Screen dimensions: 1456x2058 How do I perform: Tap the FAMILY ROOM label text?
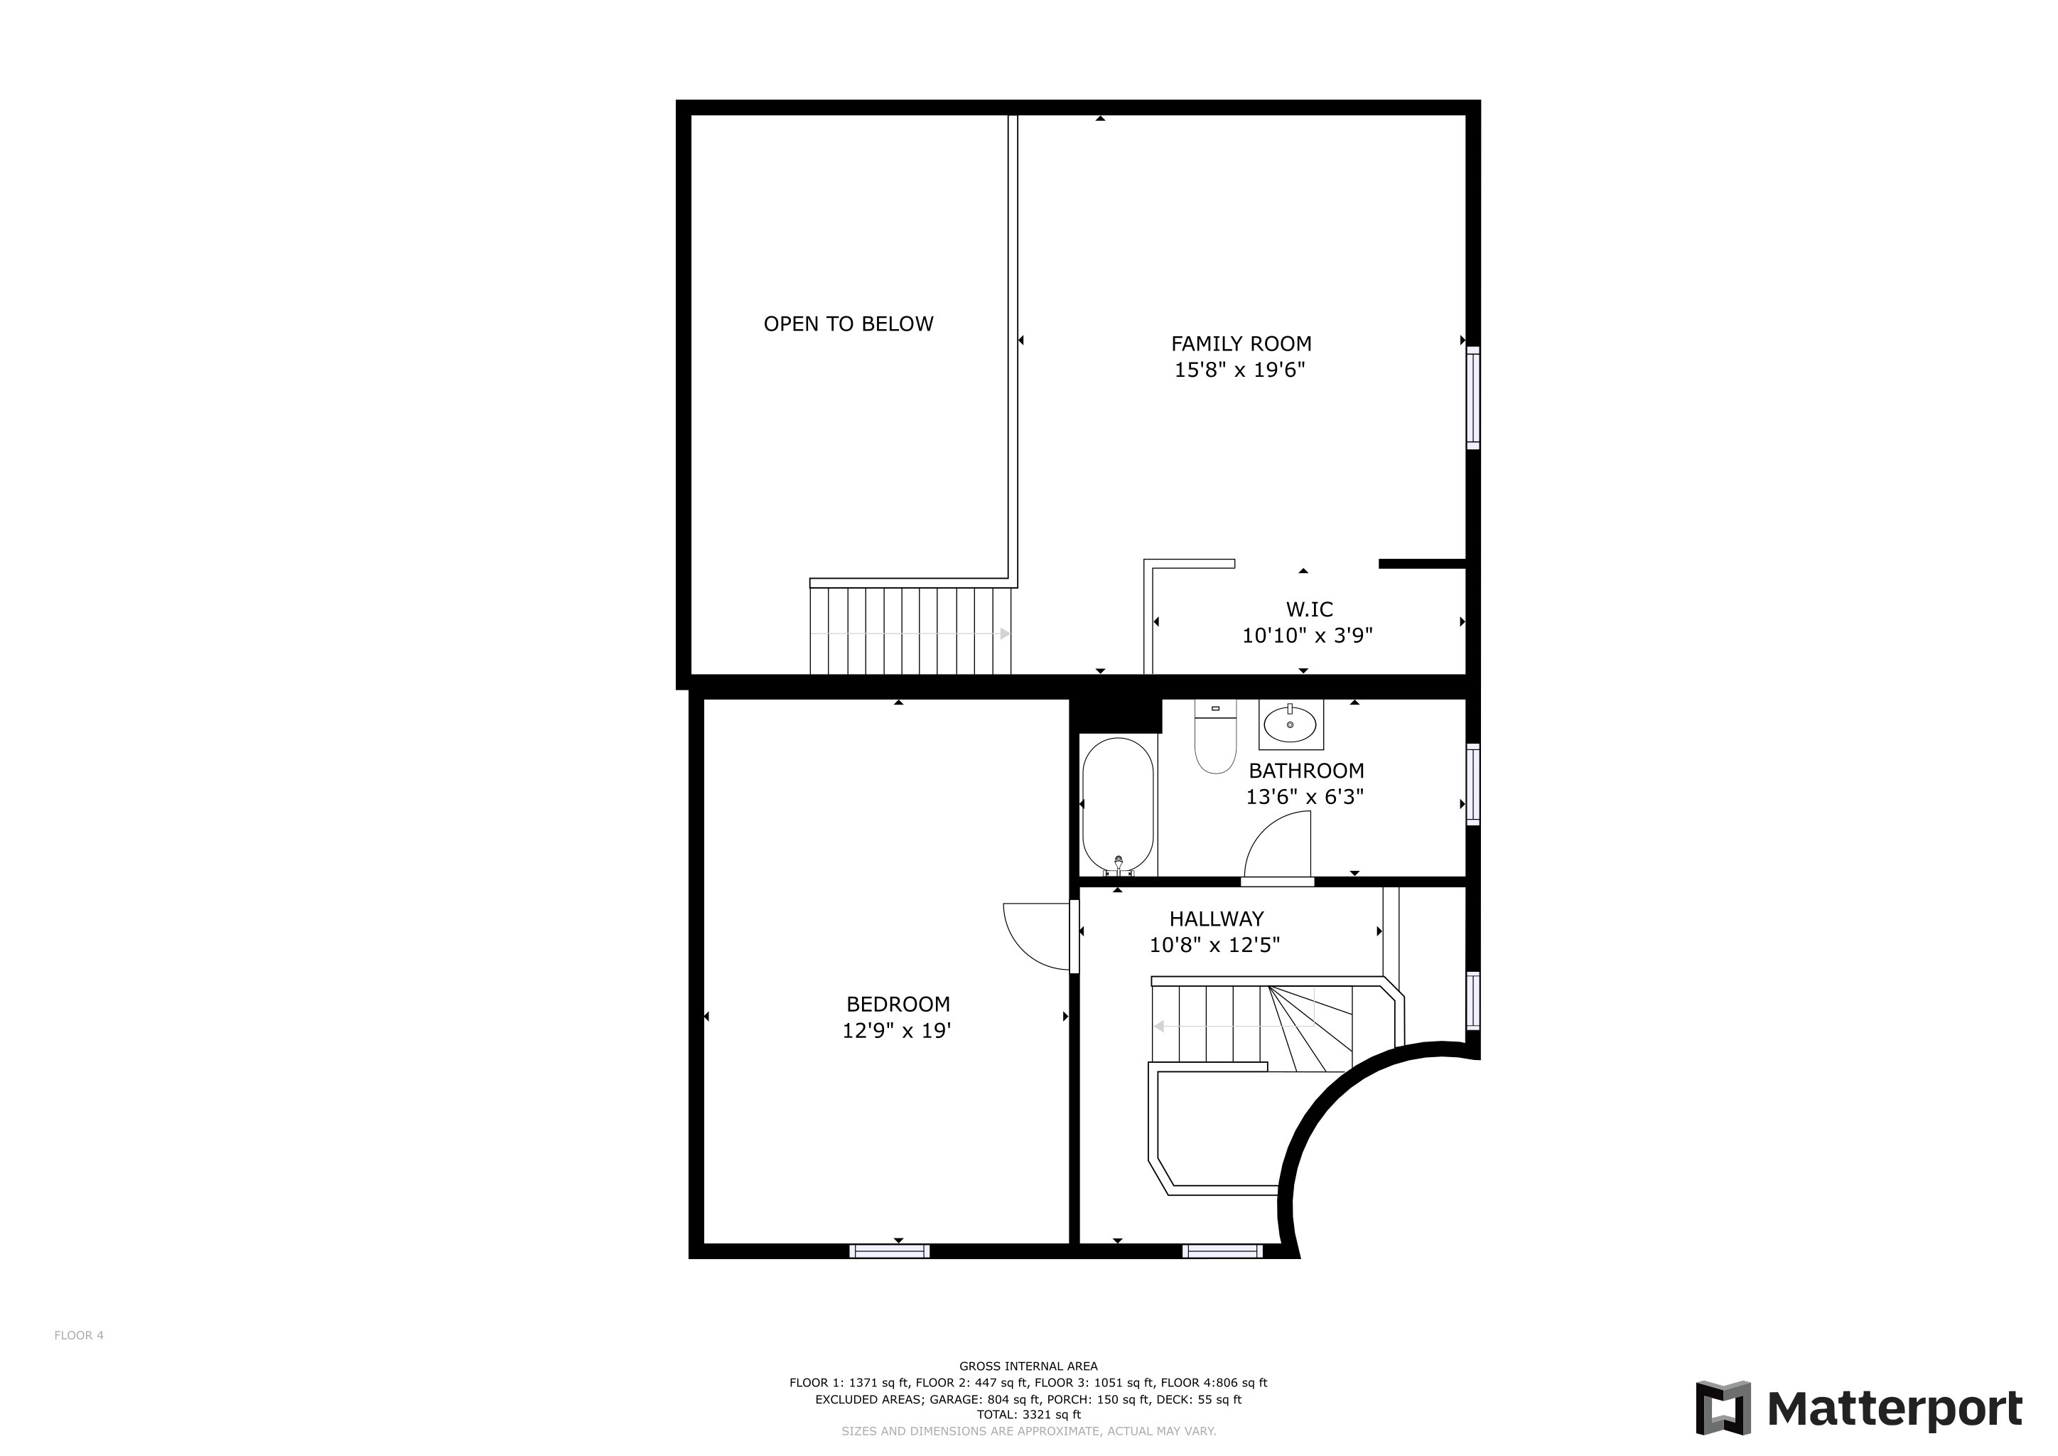tap(1241, 343)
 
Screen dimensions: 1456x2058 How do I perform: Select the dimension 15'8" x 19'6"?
tap(1239, 370)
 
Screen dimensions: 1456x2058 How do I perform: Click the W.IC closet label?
tap(1309, 610)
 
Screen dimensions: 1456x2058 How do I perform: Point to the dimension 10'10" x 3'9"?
tap(1307, 636)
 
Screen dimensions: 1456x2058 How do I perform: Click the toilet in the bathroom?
tap(1214, 737)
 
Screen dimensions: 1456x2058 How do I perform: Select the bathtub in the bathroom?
tap(1118, 804)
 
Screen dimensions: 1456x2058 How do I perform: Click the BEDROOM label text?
tap(898, 1004)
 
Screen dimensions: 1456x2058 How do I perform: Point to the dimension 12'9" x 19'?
tap(895, 1030)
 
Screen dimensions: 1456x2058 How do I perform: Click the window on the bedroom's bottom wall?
tap(889, 1251)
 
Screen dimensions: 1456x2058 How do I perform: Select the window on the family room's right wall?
tap(1472, 397)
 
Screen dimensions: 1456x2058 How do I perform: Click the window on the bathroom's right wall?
tap(1472, 783)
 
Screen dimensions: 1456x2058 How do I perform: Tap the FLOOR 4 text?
tap(79, 1335)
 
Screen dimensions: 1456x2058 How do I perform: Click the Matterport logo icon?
tap(1722, 1408)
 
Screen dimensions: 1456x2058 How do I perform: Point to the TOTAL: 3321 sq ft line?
tap(1028, 1415)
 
